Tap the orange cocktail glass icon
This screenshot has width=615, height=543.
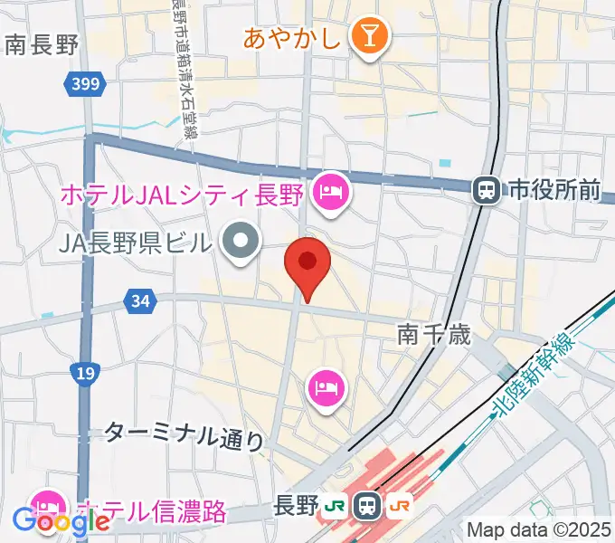[369, 38]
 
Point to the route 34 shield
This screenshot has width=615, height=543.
[139, 301]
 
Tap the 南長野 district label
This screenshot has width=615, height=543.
[42, 44]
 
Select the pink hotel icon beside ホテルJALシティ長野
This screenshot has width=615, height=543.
[329, 193]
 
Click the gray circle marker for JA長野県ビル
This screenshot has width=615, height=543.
[241, 242]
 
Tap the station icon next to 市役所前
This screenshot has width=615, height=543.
[487, 190]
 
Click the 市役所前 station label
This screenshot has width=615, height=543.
[553, 190]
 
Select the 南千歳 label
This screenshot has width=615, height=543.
[434, 336]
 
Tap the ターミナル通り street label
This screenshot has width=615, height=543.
[184, 434]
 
